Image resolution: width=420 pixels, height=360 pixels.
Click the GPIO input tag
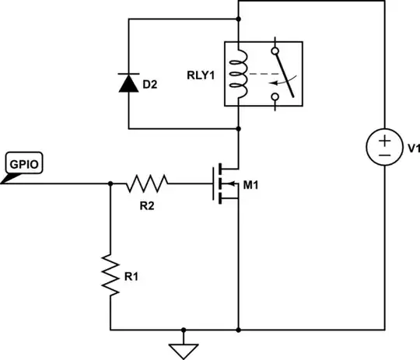click(x=23, y=166)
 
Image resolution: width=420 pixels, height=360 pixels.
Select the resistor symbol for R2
click(x=148, y=183)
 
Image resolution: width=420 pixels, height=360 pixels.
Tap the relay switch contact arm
click(x=285, y=74)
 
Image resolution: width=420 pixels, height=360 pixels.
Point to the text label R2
click(x=145, y=206)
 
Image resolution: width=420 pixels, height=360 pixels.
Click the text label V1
click(x=410, y=148)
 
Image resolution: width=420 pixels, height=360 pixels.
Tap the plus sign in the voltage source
click(x=384, y=138)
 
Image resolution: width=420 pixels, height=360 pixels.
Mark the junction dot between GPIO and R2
click(x=110, y=183)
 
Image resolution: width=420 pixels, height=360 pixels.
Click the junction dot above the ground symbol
click(x=184, y=329)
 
